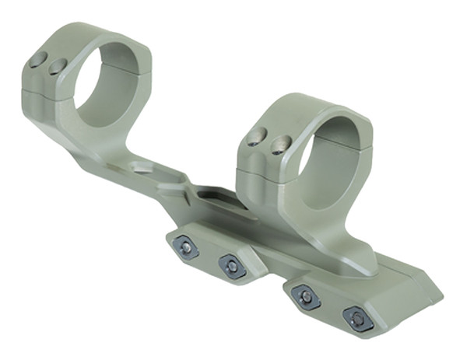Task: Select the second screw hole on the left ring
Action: pyautogui.click(x=57, y=68)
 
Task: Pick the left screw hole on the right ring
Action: pyautogui.click(x=254, y=138)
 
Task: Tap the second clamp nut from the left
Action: pyautogui.click(x=232, y=266)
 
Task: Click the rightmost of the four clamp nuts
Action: pyautogui.click(x=355, y=318)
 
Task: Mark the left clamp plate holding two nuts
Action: pyautogui.click(x=209, y=255)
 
